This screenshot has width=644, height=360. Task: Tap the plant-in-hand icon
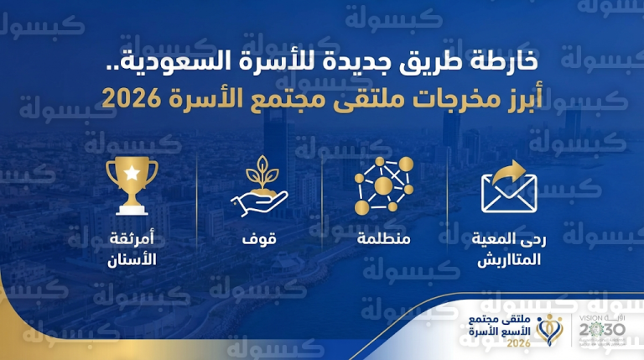point(259,186)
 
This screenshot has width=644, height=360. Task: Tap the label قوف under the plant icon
point(260,240)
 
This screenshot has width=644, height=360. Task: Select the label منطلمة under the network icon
point(383,241)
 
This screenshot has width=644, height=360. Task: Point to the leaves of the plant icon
point(259,170)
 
